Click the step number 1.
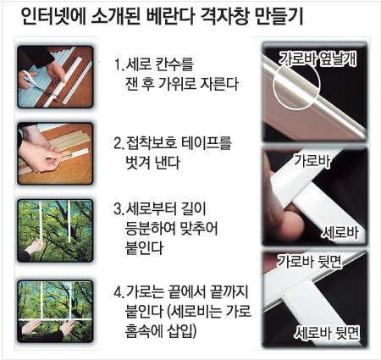pos(118,65)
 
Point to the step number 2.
pos(118,143)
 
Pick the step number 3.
pos(118,209)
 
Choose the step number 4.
pos(118,292)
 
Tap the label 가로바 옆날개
pos(317,59)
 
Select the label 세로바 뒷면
pos(328,333)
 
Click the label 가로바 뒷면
pos(309,261)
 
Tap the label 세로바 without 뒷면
pos(340,233)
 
